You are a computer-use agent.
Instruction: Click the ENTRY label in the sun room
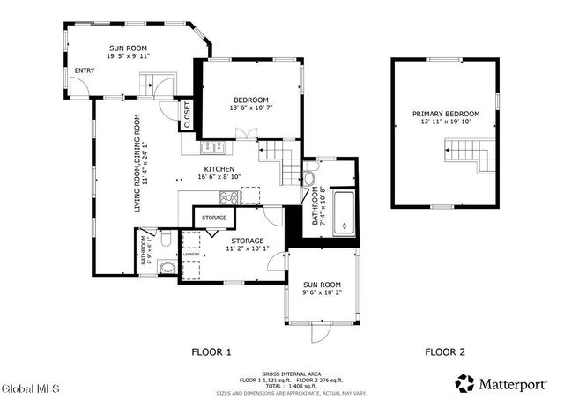pyautogui.click(x=85, y=70)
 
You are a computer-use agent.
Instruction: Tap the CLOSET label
pyautogui.click(x=187, y=114)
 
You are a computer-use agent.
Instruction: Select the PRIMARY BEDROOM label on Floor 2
pyautogui.click(x=446, y=114)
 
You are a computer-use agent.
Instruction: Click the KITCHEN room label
pyautogui.click(x=219, y=168)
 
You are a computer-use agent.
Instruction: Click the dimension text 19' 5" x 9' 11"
pyautogui.click(x=128, y=55)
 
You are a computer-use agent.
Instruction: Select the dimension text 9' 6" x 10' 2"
pyautogui.click(x=321, y=293)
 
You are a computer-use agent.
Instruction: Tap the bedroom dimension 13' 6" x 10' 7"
pyautogui.click(x=250, y=108)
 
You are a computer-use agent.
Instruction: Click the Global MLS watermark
pyautogui.click(x=30, y=388)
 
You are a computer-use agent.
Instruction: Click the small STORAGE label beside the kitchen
pyautogui.click(x=214, y=218)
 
